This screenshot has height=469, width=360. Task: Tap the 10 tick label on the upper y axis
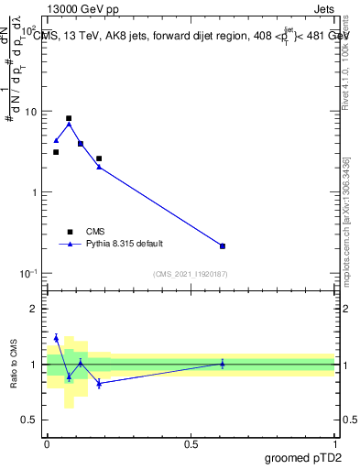point(30,112)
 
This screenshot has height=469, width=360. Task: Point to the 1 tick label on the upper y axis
point(35,192)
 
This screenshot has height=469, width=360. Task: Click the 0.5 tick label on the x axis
point(191,443)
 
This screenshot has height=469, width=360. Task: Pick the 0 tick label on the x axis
point(47,443)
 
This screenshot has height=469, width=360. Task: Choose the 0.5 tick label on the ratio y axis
point(30,420)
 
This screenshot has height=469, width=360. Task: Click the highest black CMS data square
point(69,118)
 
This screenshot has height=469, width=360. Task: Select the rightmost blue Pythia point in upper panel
point(223,245)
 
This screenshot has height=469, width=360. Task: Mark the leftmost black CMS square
point(56,152)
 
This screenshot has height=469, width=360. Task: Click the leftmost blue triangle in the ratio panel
point(56,337)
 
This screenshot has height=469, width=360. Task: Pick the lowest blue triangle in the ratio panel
point(98,384)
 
